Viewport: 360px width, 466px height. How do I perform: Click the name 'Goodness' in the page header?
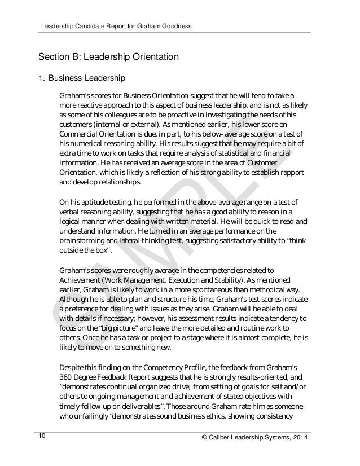coord(177,26)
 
